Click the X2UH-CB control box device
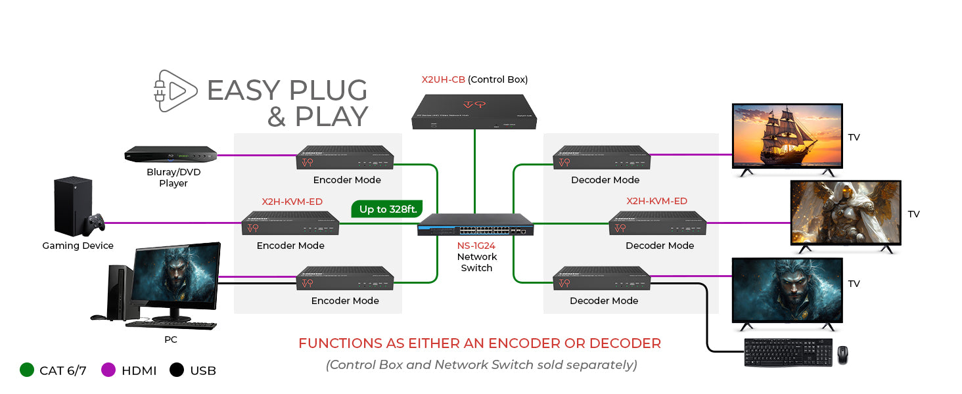point(474,112)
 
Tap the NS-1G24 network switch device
point(476,226)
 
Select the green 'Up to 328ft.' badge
point(387,209)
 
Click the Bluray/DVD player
point(171,155)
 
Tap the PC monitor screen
point(175,278)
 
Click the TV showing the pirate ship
point(787,136)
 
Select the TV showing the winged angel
point(845,212)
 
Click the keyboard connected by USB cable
point(788,353)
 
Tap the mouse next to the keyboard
point(842,355)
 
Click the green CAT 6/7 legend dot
point(27,370)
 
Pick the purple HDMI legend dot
point(109,370)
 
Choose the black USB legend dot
point(177,370)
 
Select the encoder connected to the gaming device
point(290,223)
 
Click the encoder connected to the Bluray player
point(346,158)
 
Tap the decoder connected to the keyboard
point(602,278)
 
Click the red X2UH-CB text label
point(444,79)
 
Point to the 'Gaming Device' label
point(78,246)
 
